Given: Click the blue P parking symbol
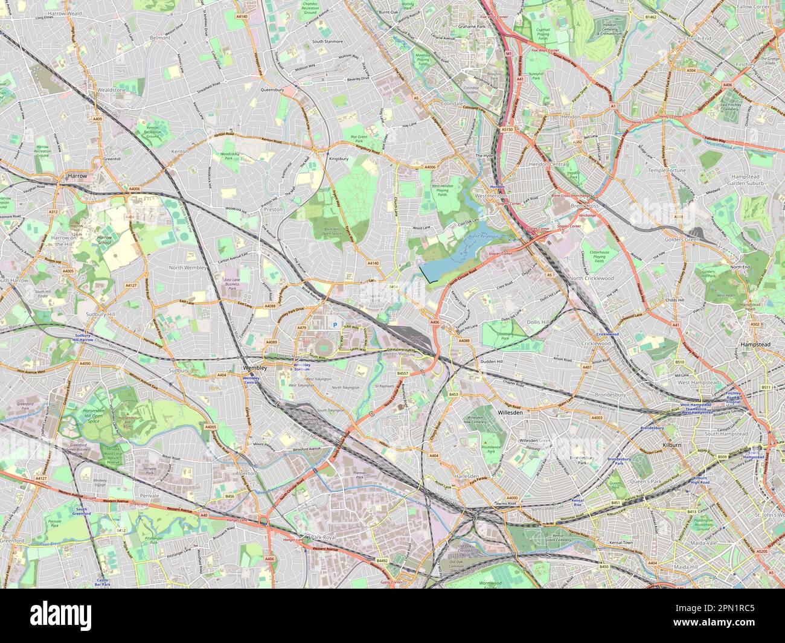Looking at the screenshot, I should [x=334, y=325].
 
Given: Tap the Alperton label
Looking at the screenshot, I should [x=246, y=474].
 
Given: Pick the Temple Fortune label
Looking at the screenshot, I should [x=667, y=171].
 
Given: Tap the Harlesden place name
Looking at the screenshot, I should [x=466, y=476].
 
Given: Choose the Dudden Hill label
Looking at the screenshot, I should [x=491, y=361].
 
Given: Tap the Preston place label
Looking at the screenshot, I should [x=272, y=209].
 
